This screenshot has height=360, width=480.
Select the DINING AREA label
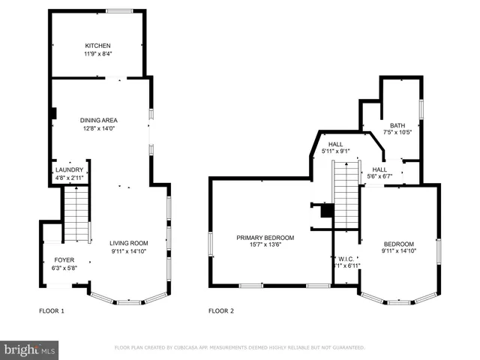pyautogui.click(x=98, y=120)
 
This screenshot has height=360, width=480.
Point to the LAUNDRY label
pyautogui.click(x=69, y=170)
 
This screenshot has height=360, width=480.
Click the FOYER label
pyautogui.click(x=64, y=259)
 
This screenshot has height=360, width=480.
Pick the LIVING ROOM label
pyautogui.click(x=129, y=243)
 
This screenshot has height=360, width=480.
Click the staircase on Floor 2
pyautogui.click(x=346, y=195)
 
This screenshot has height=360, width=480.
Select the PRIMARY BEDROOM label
pyautogui.click(x=265, y=238)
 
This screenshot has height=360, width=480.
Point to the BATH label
pyautogui.click(x=397, y=124)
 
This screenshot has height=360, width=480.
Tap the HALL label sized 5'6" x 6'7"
pyautogui.click(x=379, y=169)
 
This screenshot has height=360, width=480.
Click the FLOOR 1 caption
pyautogui.click(x=52, y=310)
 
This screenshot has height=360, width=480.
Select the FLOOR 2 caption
pyautogui.click(x=221, y=310)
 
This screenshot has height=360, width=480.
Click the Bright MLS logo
pyautogui.click(x=30, y=349)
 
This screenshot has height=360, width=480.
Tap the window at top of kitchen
pyautogui.click(x=118, y=10)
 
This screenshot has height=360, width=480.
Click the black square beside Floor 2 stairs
pyautogui.click(x=325, y=211)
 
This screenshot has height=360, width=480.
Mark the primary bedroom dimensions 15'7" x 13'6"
pyautogui.click(x=265, y=245)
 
